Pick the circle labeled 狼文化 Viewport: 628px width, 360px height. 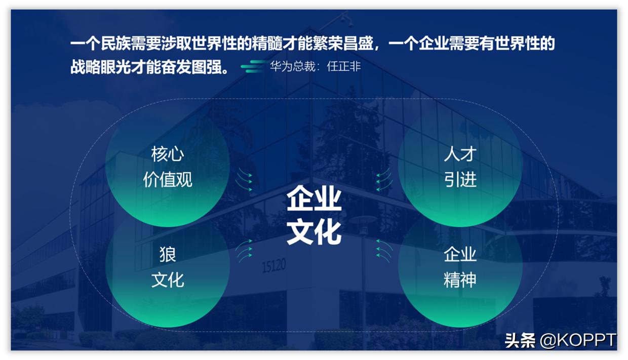pos(168,267)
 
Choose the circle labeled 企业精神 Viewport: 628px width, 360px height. pos(460,267)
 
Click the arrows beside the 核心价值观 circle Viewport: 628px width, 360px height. pos(244,180)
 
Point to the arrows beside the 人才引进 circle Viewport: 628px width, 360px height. pos(384,180)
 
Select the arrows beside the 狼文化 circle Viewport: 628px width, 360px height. pos(244,251)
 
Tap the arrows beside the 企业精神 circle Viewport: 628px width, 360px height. pos(384,251)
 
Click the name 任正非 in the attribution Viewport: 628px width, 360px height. pos(344,66)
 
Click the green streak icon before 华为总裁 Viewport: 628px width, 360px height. pos(253,66)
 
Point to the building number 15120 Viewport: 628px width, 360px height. pos(273,266)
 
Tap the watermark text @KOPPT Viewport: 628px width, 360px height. pos(578,340)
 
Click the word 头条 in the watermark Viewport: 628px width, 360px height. pos(520,340)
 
